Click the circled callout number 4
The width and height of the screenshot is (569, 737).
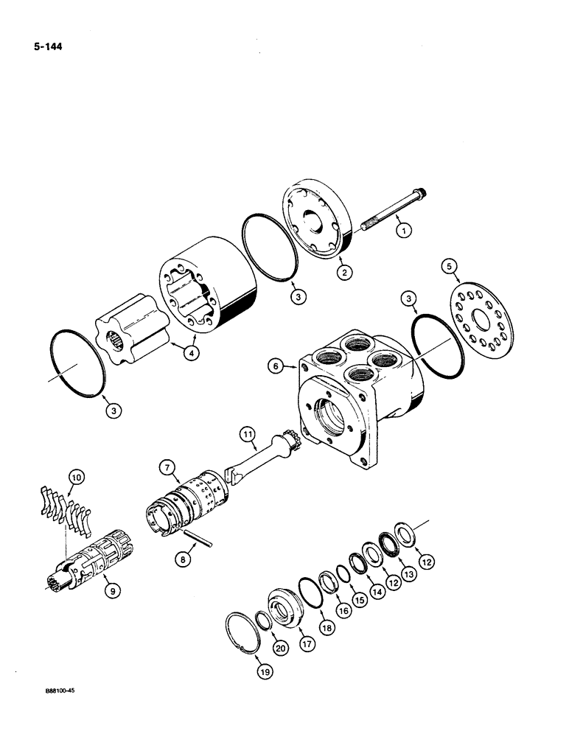pos(191,354)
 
